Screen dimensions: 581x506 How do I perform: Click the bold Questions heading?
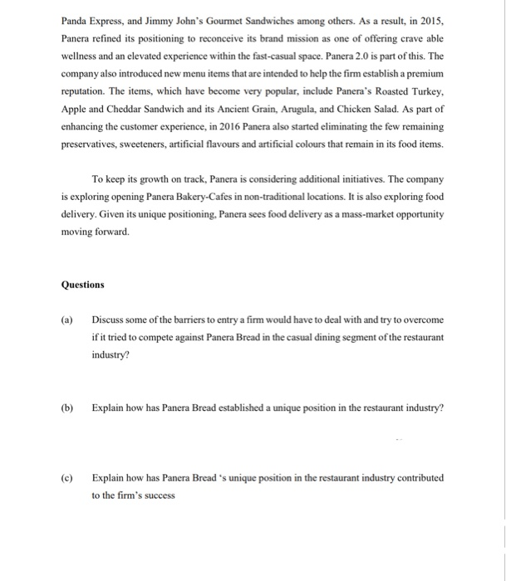pyautogui.click(x=83, y=285)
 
